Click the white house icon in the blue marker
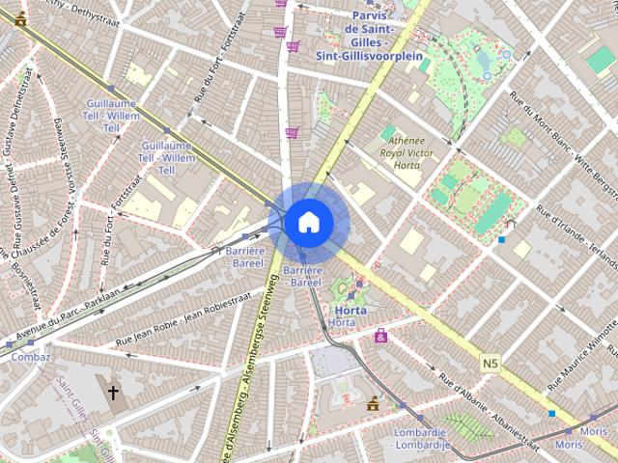308,222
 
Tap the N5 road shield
491,362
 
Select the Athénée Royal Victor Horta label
407,152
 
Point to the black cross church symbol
113,393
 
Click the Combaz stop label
30,356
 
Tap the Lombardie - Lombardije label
420,438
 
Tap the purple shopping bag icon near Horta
381,336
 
